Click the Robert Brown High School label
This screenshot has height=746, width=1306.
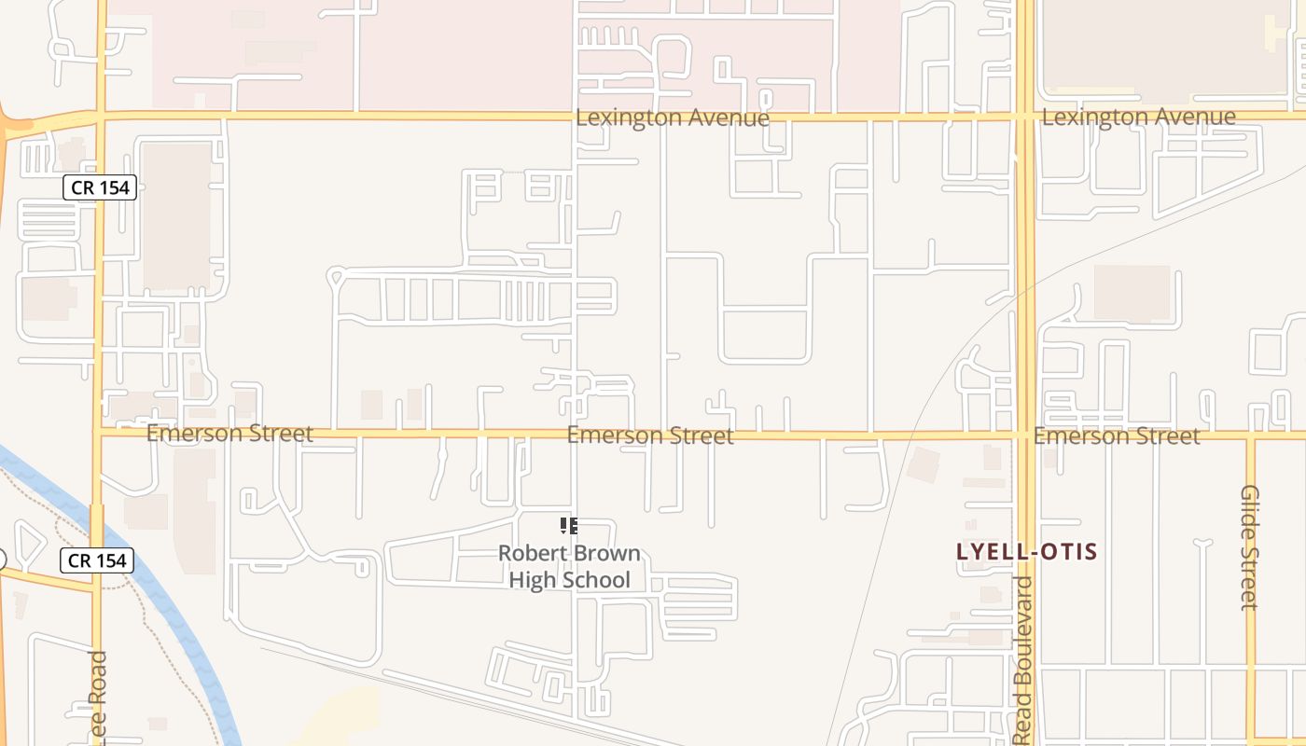pyautogui.click(x=569, y=566)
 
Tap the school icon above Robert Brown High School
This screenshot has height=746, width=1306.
pyautogui.click(x=569, y=526)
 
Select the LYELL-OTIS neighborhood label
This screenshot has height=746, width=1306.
pyautogui.click(x=1026, y=551)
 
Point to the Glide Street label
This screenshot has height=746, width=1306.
pyautogui.click(x=1250, y=547)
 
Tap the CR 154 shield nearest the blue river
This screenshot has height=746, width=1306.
pyautogui.click(x=98, y=560)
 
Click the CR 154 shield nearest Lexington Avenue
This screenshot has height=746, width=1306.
pyautogui.click(x=101, y=187)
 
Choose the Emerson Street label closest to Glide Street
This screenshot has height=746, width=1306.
pyautogui.click(x=1116, y=435)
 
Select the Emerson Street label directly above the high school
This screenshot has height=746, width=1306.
pyautogui.click(x=650, y=435)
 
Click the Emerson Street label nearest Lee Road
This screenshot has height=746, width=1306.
pyautogui.click(x=229, y=434)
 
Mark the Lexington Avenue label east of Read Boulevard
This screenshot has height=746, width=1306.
pyautogui.click(x=1138, y=117)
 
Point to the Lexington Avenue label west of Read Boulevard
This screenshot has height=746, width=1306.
pyautogui.click(x=673, y=117)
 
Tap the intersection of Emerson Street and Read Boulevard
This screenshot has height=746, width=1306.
pyautogui.click(x=1024, y=434)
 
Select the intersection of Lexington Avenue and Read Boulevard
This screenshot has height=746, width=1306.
pyautogui.click(x=1024, y=116)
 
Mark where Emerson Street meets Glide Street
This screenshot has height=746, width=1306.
pyautogui.click(x=1250, y=435)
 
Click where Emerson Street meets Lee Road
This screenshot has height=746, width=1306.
pyautogui.click(x=98, y=431)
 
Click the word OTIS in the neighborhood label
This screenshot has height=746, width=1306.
pyautogui.click(x=1066, y=551)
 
